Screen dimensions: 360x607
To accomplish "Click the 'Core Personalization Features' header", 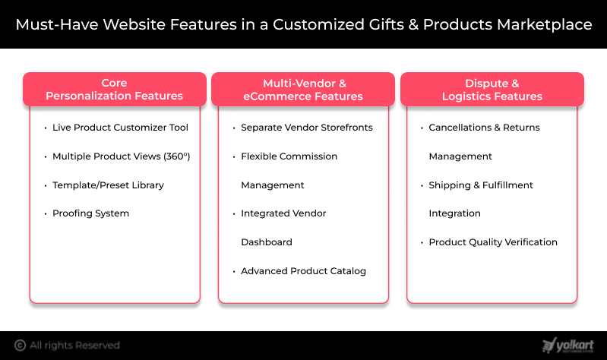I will tap(115, 90).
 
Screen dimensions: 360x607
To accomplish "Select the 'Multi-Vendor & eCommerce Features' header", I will tap(303, 90).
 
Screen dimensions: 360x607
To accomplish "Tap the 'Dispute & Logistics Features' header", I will tap(492, 90).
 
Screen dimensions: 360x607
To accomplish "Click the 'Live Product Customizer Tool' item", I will tap(120, 128).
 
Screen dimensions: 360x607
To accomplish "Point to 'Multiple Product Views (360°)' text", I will tap(121, 156).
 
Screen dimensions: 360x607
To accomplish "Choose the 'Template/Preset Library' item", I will tap(108, 185).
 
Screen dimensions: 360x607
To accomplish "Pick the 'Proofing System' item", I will tap(90, 213).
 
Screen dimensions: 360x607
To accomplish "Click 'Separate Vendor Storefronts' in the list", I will tap(307, 128).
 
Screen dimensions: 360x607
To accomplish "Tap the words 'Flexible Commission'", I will tap(289, 156).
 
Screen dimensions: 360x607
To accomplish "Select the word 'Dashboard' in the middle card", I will tap(267, 242).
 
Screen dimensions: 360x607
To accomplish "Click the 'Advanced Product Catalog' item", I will tap(303, 271).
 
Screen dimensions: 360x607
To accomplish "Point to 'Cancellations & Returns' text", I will tap(484, 128).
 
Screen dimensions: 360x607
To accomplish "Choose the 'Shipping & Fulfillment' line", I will tap(481, 185).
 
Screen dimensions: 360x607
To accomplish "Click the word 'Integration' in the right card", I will tap(454, 213).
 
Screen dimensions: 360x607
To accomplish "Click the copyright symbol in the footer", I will tap(21, 346).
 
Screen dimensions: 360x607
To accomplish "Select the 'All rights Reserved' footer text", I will tap(75, 346).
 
